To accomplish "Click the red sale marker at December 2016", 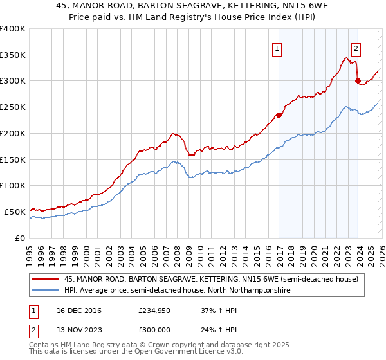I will (279, 116).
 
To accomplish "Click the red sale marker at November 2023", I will (358, 81).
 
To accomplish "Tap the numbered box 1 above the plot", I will (277, 47).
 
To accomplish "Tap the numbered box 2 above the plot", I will (356, 47).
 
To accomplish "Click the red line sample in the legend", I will (46, 279).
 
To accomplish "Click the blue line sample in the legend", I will (46, 291).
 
